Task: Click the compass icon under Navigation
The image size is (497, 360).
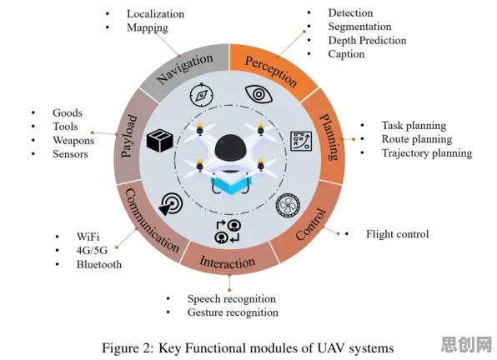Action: (202, 95)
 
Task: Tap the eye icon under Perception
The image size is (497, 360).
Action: (259, 94)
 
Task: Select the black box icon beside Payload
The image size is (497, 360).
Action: (160, 140)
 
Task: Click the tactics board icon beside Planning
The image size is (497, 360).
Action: (301, 141)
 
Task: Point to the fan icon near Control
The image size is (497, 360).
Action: (289, 205)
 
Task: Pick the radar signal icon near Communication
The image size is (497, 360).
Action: (171, 204)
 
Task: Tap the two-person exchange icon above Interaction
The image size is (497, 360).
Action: (228, 232)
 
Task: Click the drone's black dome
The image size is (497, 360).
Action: (230, 147)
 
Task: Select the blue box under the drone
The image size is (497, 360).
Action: (231, 185)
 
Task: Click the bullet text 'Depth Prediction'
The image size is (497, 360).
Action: (367, 41)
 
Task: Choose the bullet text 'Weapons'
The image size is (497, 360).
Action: (73, 140)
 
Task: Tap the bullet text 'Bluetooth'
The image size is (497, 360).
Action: (99, 264)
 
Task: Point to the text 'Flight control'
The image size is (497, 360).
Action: (397, 234)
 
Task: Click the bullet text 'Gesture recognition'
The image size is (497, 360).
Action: (233, 312)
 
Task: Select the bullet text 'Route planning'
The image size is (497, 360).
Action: (417, 139)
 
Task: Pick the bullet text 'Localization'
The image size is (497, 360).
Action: (155, 14)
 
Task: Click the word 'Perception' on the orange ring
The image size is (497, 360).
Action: (271, 72)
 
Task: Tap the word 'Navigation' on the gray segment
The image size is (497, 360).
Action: (185, 68)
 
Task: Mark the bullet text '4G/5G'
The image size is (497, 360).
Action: (92, 251)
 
